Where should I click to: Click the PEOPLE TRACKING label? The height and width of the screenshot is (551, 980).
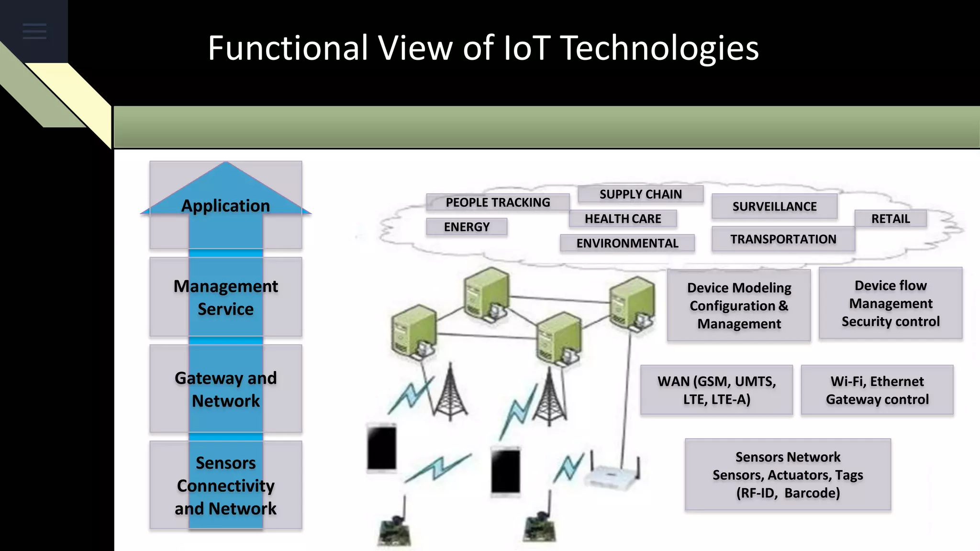pyautogui.click(x=498, y=202)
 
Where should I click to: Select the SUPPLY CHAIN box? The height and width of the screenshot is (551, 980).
pyautogui.click(x=640, y=194)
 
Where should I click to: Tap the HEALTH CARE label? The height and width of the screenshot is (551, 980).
pyautogui.click(x=623, y=219)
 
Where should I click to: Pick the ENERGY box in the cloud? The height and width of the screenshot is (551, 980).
pyautogui.click(x=467, y=227)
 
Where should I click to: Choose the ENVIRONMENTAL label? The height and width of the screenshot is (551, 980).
pyautogui.click(x=627, y=243)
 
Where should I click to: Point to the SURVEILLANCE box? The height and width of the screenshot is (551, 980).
pyautogui.click(x=774, y=206)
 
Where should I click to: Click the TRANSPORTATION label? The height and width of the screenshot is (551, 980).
pyautogui.click(x=783, y=239)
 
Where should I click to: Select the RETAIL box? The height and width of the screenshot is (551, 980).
pyautogui.click(x=890, y=219)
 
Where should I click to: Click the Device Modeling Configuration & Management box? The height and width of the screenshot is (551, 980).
pyautogui.click(x=739, y=306)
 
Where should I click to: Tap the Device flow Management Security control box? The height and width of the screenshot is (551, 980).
pyautogui.click(x=891, y=303)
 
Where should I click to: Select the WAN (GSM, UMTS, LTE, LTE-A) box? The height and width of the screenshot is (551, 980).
pyautogui.click(x=716, y=390)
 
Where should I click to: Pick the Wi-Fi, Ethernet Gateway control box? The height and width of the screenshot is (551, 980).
pyautogui.click(x=877, y=390)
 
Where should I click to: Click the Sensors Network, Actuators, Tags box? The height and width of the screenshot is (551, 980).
pyautogui.click(x=788, y=474)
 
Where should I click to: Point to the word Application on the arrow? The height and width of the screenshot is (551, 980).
pyautogui.click(x=225, y=206)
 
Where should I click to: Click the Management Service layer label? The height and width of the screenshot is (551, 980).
pyautogui.click(x=225, y=298)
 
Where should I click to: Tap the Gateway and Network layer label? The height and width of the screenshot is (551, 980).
pyautogui.click(x=225, y=389)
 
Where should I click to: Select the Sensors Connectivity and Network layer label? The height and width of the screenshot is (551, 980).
pyautogui.click(x=225, y=485)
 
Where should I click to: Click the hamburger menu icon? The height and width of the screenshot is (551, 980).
pyautogui.click(x=34, y=31)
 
